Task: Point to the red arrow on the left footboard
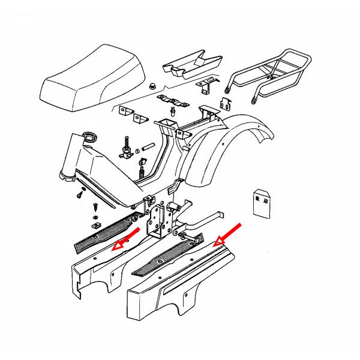pos(126,238)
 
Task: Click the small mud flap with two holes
pos(261,203)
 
